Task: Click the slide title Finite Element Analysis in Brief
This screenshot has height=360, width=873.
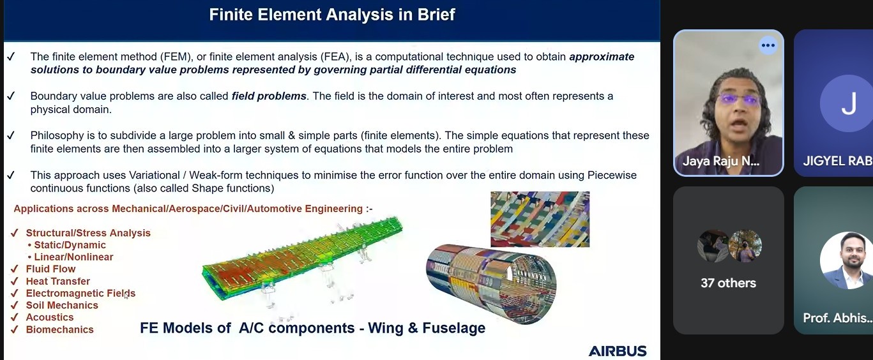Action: click(331, 14)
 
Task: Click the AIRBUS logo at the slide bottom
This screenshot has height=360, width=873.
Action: click(617, 351)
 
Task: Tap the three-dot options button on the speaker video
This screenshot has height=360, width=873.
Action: click(768, 45)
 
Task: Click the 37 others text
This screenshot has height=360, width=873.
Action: click(728, 283)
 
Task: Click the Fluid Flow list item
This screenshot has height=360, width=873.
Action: click(50, 269)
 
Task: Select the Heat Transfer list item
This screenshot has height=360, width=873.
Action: click(57, 281)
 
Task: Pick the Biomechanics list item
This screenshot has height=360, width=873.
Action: click(59, 329)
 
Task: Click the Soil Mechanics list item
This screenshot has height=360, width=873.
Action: click(62, 305)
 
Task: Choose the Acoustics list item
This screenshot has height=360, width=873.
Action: click(50, 317)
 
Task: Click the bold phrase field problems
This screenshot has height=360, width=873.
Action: click(269, 96)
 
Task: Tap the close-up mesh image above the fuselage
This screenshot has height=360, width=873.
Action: click(540, 219)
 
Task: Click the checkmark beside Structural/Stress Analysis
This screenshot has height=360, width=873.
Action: click(14, 233)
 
